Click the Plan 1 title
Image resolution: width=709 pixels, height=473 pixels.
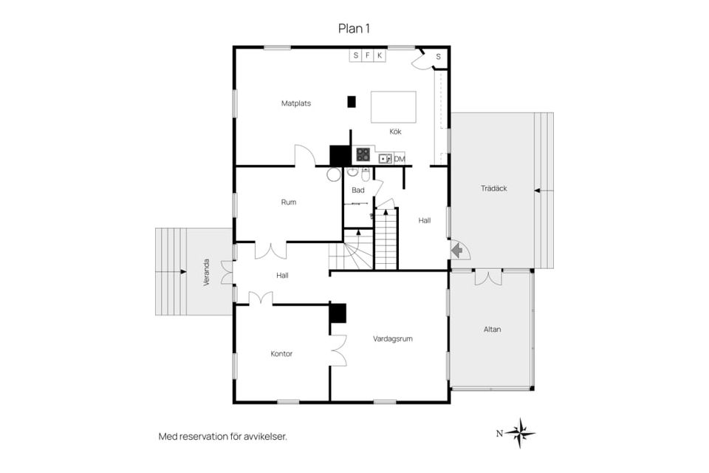click(354, 29)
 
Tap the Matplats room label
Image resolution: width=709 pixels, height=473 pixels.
click(296, 103)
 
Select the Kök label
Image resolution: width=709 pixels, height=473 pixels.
click(395, 132)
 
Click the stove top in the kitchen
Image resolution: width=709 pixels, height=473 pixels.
click(363, 154)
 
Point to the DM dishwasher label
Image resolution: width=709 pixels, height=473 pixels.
click(400, 159)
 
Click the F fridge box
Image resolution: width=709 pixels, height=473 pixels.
click(368, 55)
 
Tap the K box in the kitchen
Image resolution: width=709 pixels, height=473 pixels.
click(380, 55)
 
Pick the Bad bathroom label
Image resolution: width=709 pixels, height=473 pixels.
click(358, 190)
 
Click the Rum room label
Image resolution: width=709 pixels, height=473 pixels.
click(289, 203)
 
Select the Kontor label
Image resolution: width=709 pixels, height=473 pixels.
click(281, 353)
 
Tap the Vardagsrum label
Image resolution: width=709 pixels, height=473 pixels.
click(392, 338)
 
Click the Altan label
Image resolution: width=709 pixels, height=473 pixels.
click(493, 330)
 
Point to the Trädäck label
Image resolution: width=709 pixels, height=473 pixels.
click(494, 188)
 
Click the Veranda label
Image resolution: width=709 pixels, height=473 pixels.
click(207, 272)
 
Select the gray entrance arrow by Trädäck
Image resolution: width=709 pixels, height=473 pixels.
click(456, 249)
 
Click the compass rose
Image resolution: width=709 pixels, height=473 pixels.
click(520, 433)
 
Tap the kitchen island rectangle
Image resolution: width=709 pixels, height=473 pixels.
click(394, 107)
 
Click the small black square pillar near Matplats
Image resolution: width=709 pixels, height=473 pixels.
click(352, 102)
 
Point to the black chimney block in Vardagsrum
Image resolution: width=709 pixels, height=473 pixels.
click(338, 313)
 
